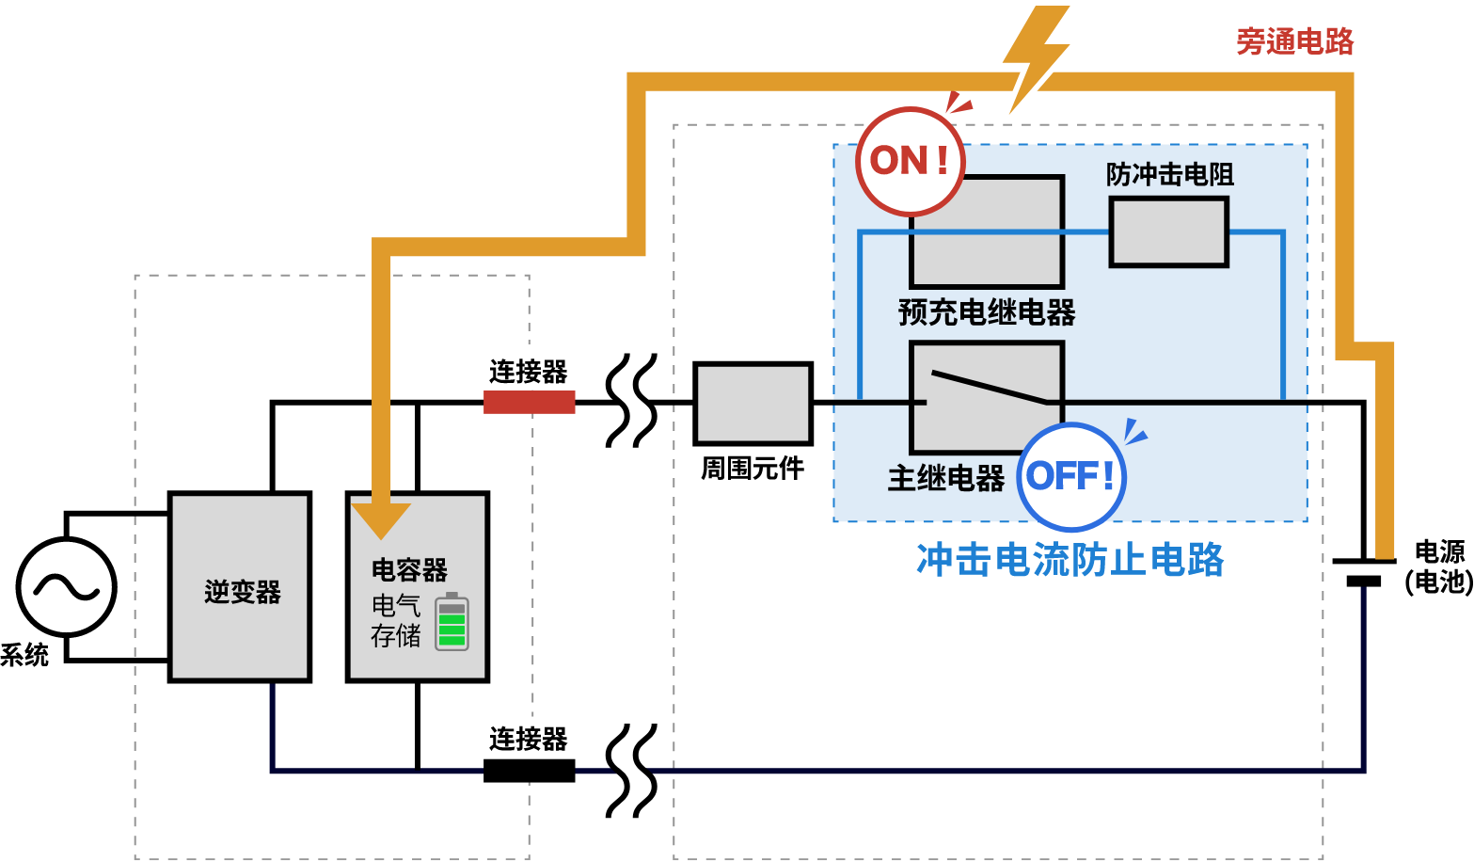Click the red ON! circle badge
[910, 161]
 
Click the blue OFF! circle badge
[1071, 476]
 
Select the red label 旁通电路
[1294, 41]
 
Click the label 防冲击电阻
[1169, 174]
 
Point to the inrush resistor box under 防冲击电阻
[1169, 231]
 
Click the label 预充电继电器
[986, 312]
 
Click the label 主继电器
[945, 478]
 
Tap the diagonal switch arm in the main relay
[988, 387]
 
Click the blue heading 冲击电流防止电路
[1070, 560]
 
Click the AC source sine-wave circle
[67, 587]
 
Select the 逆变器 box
[240, 587]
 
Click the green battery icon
[452, 622]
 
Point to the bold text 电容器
[409, 569]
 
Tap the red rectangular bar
[529, 402]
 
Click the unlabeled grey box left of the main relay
[753, 404]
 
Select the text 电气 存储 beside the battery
[395, 621]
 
